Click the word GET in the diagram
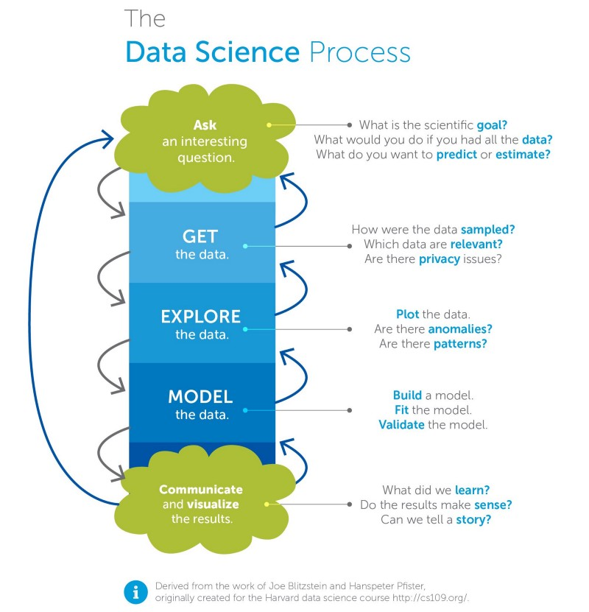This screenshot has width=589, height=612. click(x=200, y=236)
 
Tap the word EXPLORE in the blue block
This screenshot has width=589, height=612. click(x=200, y=317)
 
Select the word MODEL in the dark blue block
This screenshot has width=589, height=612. click(x=200, y=396)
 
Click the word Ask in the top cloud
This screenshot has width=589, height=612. click(x=205, y=125)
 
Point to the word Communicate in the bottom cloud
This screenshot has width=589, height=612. click(x=201, y=490)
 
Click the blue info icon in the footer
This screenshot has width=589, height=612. click(x=135, y=592)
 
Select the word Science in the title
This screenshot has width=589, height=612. click(x=247, y=52)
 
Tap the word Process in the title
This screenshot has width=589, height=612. click(x=359, y=52)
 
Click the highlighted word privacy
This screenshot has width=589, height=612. click(x=440, y=259)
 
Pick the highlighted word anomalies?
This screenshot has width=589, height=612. click(x=460, y=329)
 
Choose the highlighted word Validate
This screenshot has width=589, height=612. click(x=401, y=425)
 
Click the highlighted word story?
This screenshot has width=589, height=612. click(x=473, y=520)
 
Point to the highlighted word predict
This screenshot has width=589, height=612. click(x=456, y=155)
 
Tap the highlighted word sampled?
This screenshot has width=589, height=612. click(x=487, y=230)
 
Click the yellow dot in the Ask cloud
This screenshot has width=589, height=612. click(x=269, y=125)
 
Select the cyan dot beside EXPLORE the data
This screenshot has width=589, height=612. click(x=245, y=329)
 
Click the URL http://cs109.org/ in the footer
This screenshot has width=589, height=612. click(x=430, y=598)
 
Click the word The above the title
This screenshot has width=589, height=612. click(x=145, y=18)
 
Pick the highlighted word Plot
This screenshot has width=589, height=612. click(x=407, y=314)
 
